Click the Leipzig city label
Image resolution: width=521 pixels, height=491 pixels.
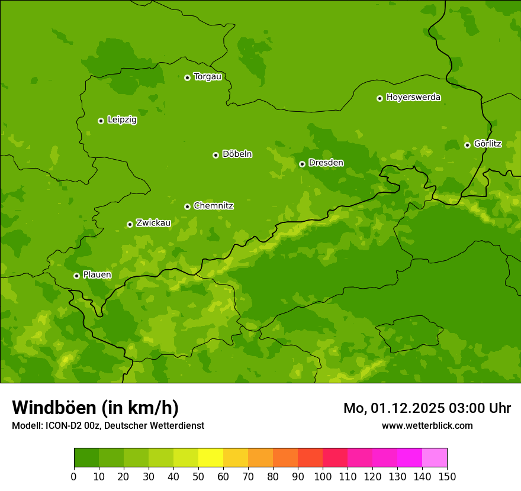pyautogui.click(x=122, y=119)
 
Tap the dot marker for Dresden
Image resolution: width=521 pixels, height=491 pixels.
pyautogui.click(x=302, y=164)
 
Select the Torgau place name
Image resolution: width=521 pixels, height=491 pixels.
pyautogui.click(x=207, y=76)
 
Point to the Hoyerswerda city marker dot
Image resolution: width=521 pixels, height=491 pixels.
pyautogui.click(x=380, y=98)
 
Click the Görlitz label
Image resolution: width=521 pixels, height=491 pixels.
pyautogui.click(x=487, y=143)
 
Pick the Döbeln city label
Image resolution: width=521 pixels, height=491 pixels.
pyautogui.click(x=237, y=154)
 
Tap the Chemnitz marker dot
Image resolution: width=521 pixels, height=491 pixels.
pyautogui.click(x=187, y=206)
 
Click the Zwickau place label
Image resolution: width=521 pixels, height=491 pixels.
pyautogui.click(x=153, y=223)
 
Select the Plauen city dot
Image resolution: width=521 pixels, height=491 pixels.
pyautogui.click(x=76, y=276)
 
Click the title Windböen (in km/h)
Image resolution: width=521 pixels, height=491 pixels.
pyautogui.click(x=95, y=408)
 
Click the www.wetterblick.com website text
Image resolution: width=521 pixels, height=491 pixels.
pyautogui.click(x=427, y=425)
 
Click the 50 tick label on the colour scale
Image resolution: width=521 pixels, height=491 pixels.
pyautogui.click(x=198, y=477)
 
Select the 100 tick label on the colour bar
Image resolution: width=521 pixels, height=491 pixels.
pyautogui.click(x=323, y=477)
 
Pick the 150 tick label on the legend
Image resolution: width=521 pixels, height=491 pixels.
pyautogui.click(x=447, y=477)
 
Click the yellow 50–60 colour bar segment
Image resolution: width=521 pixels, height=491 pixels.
pyautogui.click(x=211, y=458)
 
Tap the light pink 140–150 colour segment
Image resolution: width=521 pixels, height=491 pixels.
pyautogui.click(x=435, y=458)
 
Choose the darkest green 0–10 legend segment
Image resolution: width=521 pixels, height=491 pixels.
pyautogui.click(x=86, y=458)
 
